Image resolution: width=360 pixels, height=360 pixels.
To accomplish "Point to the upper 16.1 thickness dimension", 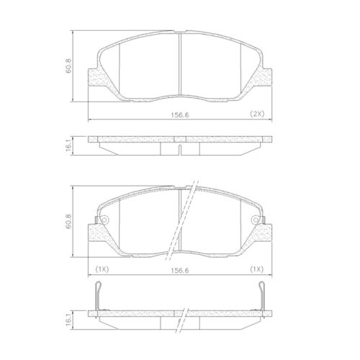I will click(x=69, y=145).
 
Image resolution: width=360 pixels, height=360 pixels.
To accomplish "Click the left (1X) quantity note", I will click(x=101, y=269).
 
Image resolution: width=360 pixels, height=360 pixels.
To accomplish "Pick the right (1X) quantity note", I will click(x=257, y=269).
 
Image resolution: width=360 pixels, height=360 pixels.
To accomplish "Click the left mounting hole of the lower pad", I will click(x=102, y=220).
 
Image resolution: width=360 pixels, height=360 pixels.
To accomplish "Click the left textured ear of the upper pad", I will click(x=94, y=79).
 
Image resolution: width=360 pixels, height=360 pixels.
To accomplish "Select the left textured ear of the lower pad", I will click(x=94, y=233).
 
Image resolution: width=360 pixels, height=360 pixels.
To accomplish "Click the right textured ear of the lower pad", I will click(x=267, y=233).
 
